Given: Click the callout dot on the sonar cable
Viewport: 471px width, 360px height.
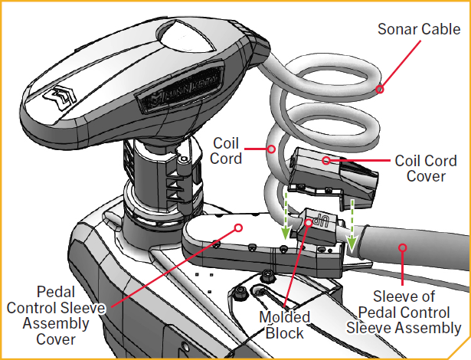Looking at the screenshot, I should (x=378, y=90).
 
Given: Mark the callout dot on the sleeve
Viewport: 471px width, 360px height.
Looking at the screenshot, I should (x=401, y=247).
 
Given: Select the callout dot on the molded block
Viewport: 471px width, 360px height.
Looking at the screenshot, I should (x=309, y=224).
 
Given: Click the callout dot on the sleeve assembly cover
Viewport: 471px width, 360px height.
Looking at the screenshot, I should (x=238, y=227).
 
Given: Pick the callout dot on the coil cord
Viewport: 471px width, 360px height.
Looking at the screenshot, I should (x=270, y=149).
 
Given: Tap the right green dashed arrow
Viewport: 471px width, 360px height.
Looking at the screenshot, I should (x=352, y=225).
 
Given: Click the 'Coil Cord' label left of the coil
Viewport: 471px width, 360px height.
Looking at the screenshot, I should (x=227, y=151).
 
